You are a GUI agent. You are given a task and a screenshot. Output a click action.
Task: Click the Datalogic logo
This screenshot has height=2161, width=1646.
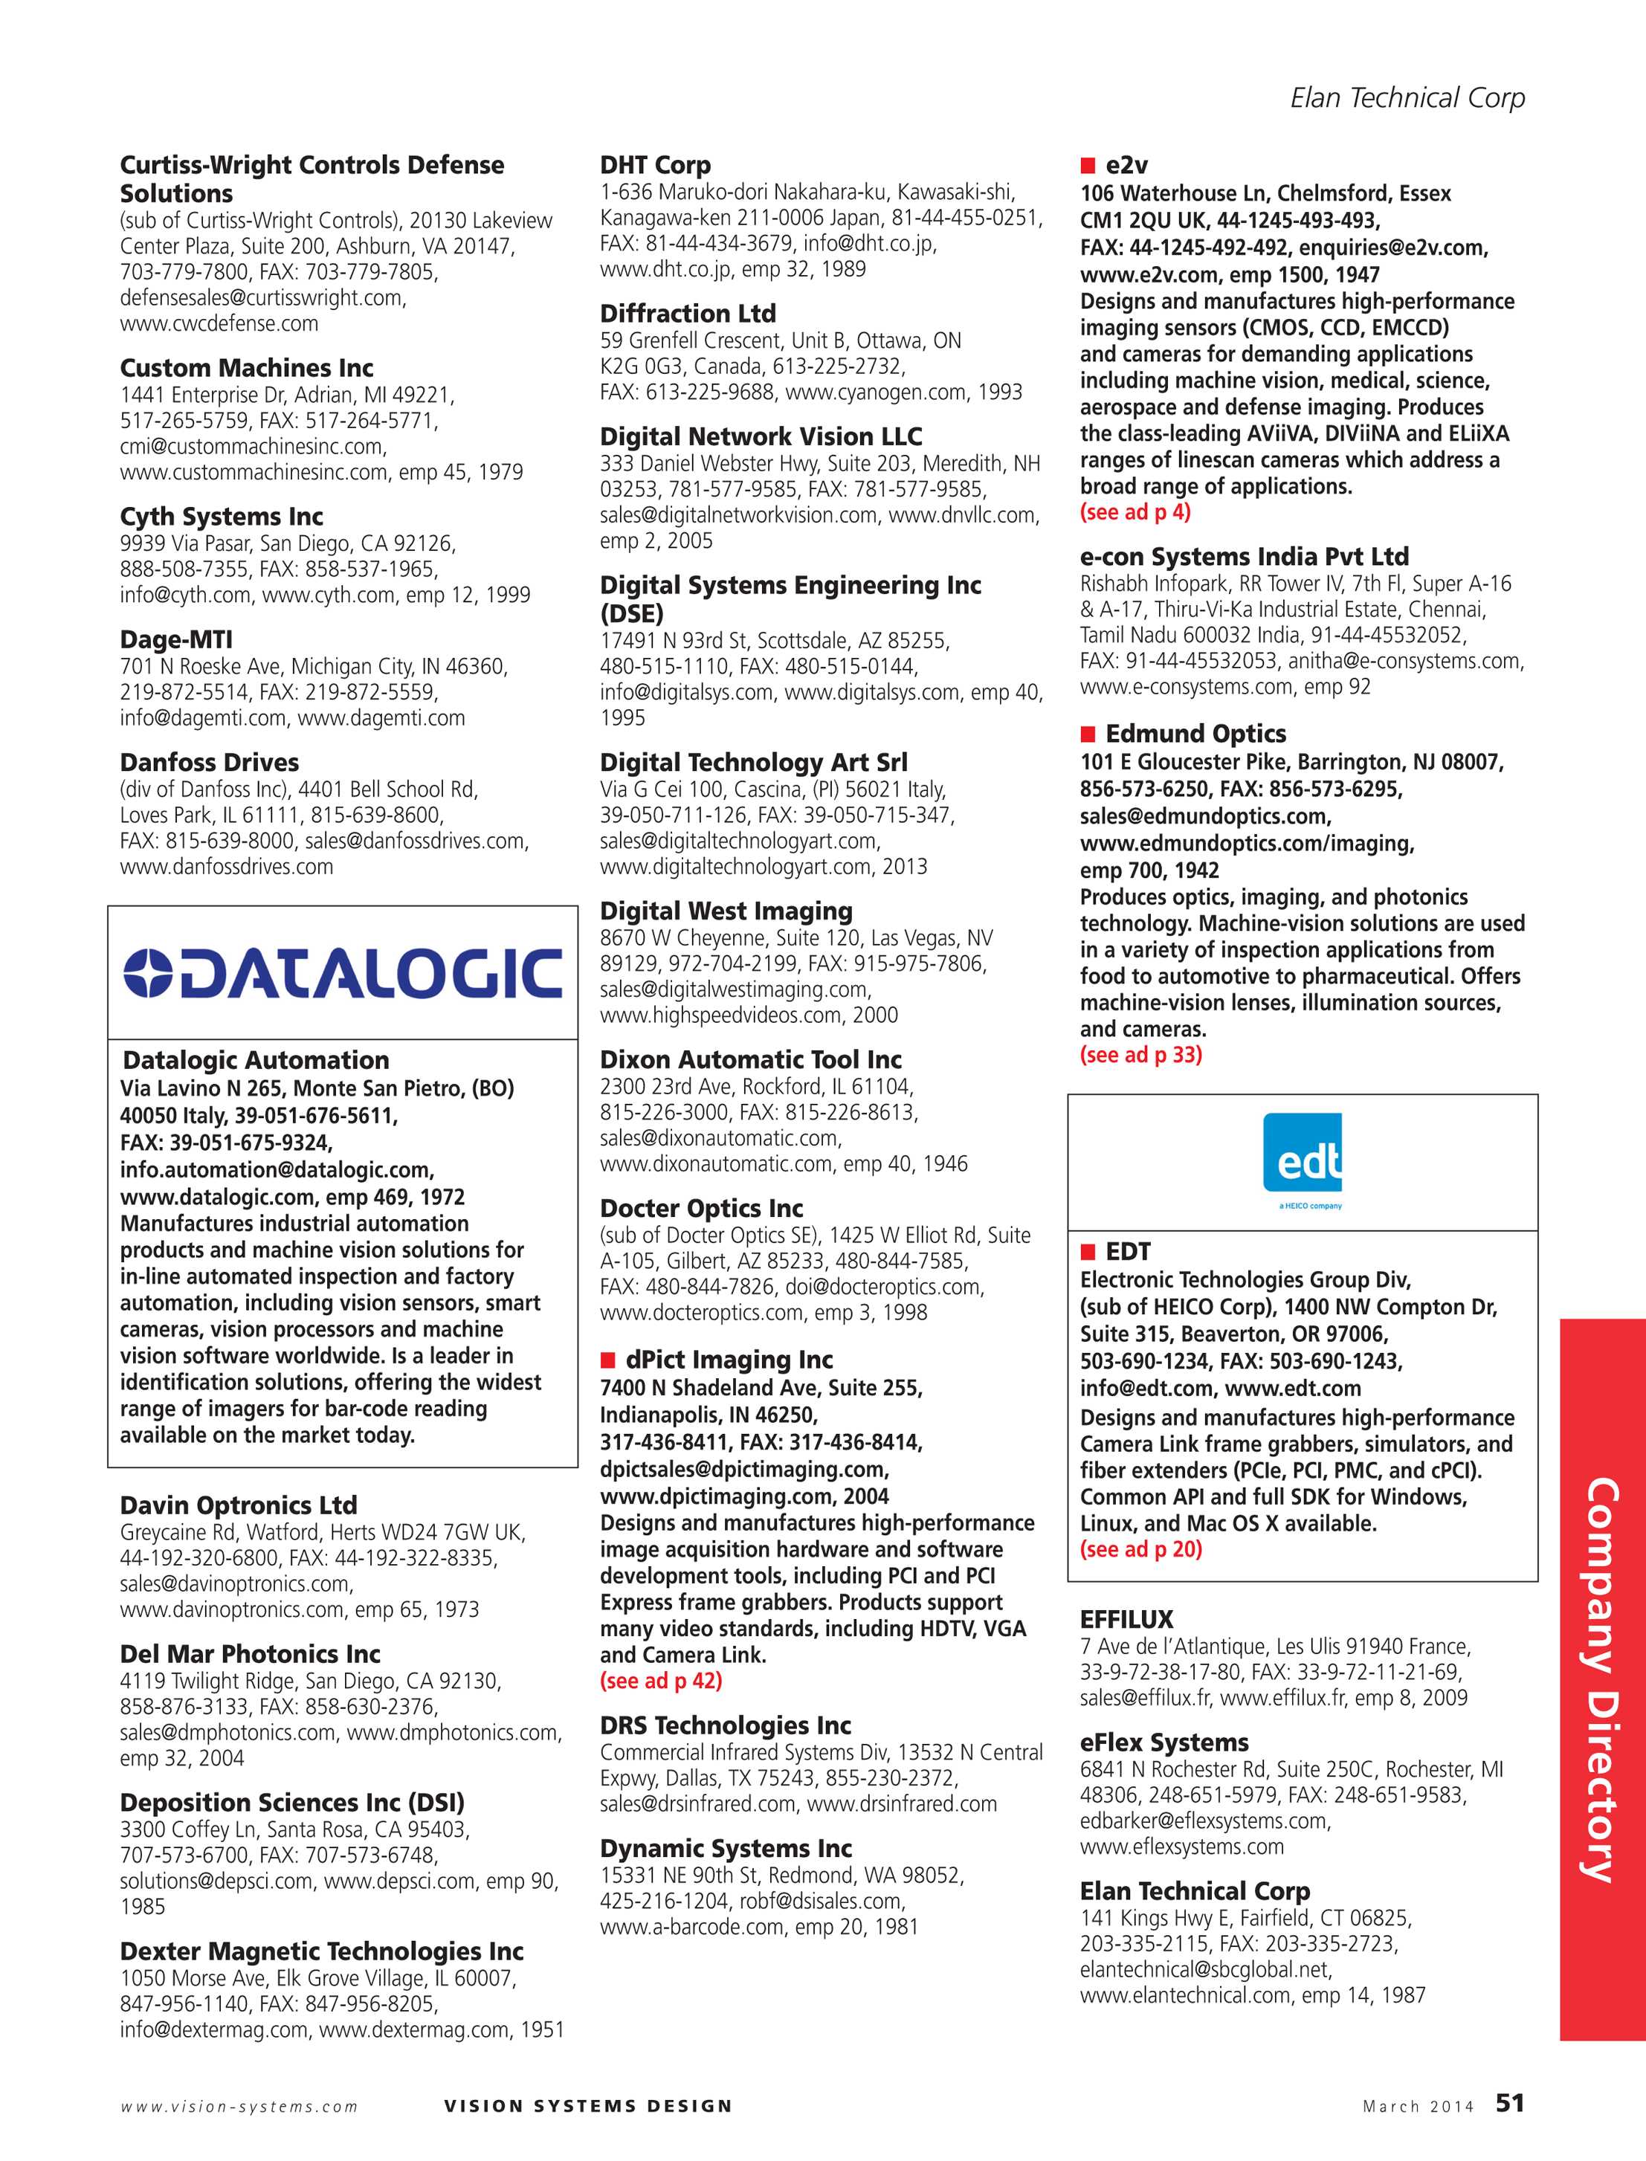343,973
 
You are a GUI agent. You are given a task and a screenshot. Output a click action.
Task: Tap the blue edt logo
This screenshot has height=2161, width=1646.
1302,1162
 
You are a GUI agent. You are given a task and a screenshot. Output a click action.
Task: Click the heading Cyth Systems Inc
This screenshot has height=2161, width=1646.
222,516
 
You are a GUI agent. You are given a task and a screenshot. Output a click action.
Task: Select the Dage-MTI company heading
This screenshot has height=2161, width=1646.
176,640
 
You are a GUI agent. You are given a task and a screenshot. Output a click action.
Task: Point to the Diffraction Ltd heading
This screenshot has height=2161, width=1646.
688,314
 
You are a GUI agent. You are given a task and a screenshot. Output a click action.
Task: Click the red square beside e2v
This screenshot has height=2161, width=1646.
1088,166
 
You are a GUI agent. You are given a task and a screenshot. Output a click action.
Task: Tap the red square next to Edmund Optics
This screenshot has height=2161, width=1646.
1088,734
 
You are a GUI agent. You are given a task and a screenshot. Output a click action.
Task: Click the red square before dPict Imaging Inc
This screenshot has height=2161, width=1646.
607,1360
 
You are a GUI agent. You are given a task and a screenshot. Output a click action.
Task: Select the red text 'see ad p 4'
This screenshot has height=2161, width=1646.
1135,512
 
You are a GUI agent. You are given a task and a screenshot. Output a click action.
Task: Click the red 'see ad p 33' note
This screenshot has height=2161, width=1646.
1141,1055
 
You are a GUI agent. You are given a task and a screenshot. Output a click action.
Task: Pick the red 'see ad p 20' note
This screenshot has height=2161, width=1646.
1141,1550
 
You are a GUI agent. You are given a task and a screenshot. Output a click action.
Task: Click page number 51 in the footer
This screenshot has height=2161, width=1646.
1510,2103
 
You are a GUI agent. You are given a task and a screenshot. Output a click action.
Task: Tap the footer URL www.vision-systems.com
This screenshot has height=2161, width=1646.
239,2106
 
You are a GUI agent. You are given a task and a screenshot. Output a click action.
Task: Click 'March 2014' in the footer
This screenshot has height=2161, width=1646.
1418,2106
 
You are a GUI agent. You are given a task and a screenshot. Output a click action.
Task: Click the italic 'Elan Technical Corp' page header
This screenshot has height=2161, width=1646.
1407,98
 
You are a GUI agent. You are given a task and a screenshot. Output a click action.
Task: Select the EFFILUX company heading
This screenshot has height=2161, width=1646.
1127,1619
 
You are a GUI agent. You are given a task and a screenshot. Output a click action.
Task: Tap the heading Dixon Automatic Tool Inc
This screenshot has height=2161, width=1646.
750,1059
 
